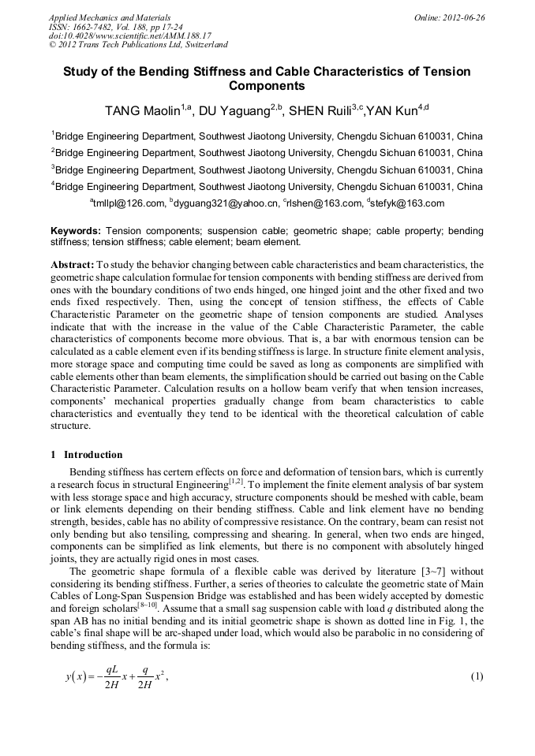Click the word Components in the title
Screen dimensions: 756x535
point(267,86)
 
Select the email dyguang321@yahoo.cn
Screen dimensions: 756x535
point(228,203)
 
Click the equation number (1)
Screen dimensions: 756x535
point(476,677)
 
